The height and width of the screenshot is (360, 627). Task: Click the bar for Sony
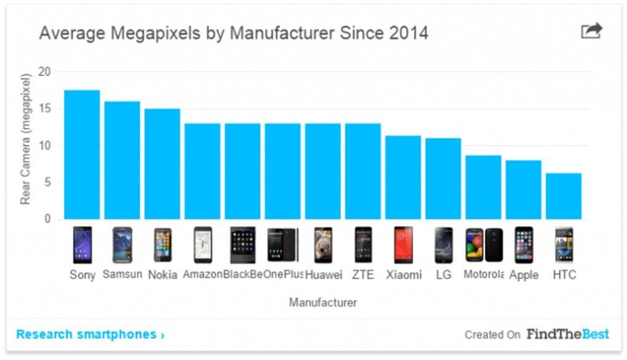[82, 155]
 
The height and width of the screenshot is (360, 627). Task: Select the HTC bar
[563, 196]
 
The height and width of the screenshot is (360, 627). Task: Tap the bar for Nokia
[162, 163]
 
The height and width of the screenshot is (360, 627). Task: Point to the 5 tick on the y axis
[48, 182]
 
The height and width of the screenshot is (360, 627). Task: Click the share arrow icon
[592, 31]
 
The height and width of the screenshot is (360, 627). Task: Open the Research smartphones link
[90, 335]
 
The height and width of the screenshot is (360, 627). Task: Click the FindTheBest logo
[567, 334]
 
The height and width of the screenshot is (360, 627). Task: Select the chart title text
[234, 33]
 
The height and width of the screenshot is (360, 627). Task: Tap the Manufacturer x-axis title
[323, 302]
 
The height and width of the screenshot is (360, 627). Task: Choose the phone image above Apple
[524, 245]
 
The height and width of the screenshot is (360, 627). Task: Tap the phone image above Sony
[82, 245]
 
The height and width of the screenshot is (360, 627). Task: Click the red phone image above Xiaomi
[403, 245]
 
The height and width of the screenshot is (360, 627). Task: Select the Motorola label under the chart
[483, 274]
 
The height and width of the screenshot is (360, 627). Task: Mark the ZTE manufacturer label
[363, 275]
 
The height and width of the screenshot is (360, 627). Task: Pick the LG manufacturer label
[443, 275]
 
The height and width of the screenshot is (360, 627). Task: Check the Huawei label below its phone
[323, 275]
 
